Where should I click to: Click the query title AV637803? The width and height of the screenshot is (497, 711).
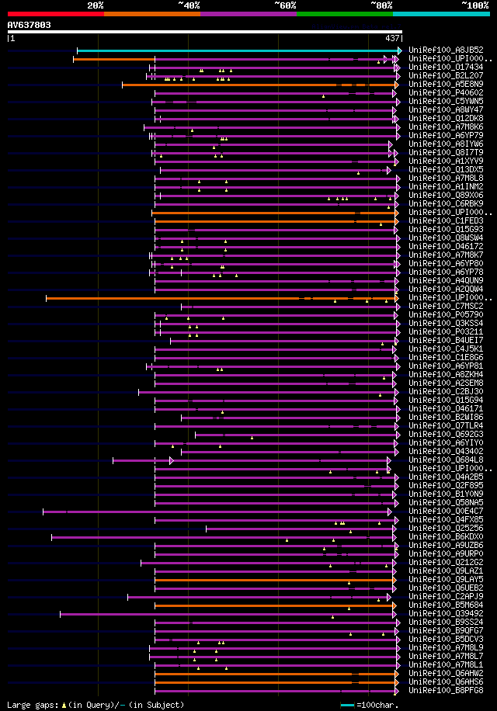tap(30, 25)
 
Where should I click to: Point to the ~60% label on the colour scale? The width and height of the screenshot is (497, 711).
tap(285, 5)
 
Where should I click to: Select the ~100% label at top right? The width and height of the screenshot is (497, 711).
tap(474, 5)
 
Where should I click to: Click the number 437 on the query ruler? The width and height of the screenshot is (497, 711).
tap(392, 38)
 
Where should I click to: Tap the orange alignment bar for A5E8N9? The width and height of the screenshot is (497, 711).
tap(233, 85)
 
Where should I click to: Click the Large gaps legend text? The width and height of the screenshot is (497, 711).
tap(95, 705)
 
